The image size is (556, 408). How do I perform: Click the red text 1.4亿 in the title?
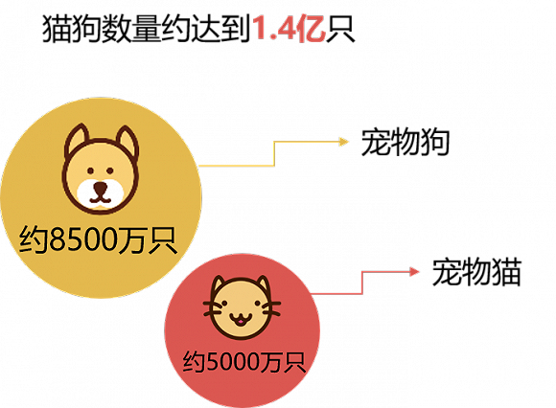[289, 29]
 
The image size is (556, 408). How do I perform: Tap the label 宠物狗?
[405, 142]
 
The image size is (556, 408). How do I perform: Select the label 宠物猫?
[476, 272]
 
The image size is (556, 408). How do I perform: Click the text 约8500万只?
[98, 239]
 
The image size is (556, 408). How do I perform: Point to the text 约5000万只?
[243, 362]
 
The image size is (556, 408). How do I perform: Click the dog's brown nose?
[100, 187]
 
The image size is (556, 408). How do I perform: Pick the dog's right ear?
[127, 141]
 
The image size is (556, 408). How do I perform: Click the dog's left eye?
[90, 171]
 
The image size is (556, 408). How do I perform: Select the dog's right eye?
[110, 171]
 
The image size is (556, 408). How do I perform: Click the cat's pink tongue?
[241, 322]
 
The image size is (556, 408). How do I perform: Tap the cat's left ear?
[218, 284]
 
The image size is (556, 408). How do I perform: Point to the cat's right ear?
[264, 284]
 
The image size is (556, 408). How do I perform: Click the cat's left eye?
[224, 304]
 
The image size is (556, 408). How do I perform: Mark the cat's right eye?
[258, 304]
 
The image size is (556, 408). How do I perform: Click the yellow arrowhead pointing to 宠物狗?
[344, 142]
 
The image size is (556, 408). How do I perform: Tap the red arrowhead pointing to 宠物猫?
[414, 272]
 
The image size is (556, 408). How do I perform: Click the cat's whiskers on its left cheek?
[212, 308]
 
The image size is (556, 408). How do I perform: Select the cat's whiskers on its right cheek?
[271, 308]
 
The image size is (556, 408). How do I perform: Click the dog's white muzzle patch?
[101, 194]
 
